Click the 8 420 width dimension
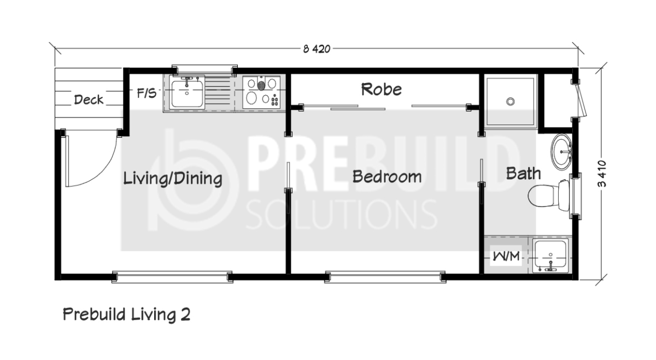coord(317,49)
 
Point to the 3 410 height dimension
coord(602,174)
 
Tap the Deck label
coord(89,100)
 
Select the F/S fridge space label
coord(147,93)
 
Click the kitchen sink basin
coord(187,93)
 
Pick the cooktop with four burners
coord(261,92)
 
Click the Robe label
coord(381,89)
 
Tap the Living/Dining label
coord(173,179)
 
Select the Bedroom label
coord(387,177)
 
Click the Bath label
coord(523,173)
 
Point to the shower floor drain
coord(511,102)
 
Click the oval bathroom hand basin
coord(561,152)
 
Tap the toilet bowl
coord(542,196)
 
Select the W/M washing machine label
coord(506,256)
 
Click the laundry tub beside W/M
coord(550,256)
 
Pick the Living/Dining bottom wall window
coord(172,277)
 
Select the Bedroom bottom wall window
coord(385,277)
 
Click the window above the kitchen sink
coord(204,70)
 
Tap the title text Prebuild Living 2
coord(126,315)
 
